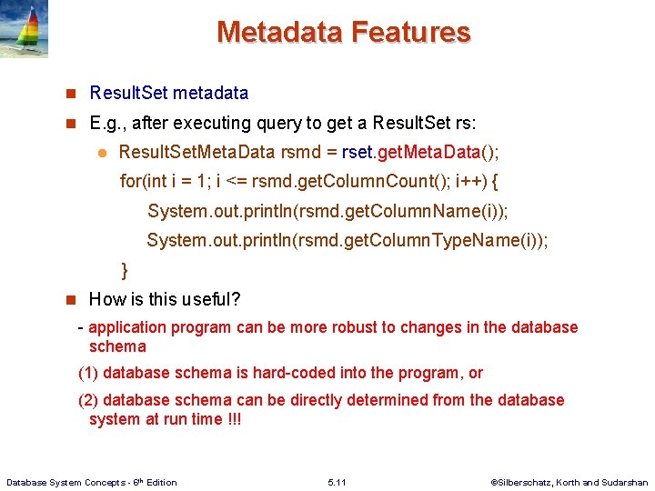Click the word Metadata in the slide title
coord(279,33)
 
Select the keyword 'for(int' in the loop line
coord(144,181)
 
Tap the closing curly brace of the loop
coord(125,270)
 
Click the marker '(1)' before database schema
coord(89,373)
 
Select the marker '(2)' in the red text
coord(89,400)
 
